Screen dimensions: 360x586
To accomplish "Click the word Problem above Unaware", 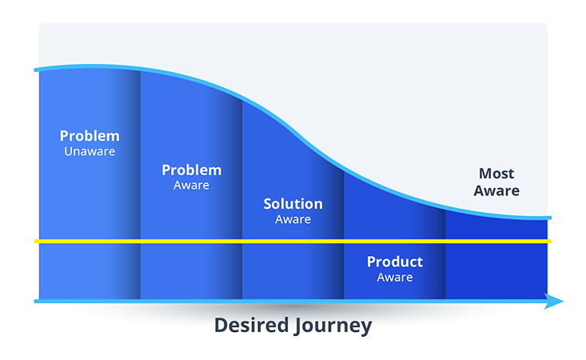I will (x=90, y=136).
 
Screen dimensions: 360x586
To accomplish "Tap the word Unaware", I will (x=90, y=151).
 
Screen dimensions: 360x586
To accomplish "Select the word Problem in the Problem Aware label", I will (x=191, y=170).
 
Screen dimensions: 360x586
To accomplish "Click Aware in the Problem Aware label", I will (x=191, y=185).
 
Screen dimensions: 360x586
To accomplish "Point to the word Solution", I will (x=293, y=204).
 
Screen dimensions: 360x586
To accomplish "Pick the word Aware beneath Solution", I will (x=293, y=219).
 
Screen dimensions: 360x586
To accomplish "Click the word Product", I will (x=395, y=262).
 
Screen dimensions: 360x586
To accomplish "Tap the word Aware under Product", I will (x=395, y=277).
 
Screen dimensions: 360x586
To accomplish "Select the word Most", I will (x=496, y=174).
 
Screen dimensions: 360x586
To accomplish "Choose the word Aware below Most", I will (x=496, y=191).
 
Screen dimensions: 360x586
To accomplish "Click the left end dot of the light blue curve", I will (x=36, y=71).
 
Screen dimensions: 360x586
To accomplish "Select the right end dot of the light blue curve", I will (x=549, y=218).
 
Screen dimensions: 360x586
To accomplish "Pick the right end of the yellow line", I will (x=549, y=241).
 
